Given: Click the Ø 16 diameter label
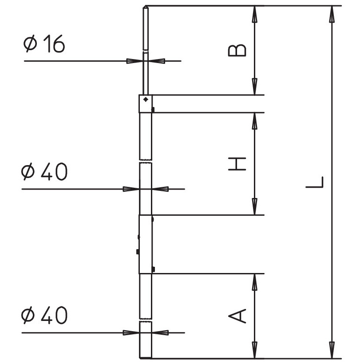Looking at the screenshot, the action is [x=44, y=44].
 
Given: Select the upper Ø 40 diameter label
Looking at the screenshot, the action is [x=44, y=171].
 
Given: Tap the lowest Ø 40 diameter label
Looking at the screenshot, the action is [x=44, y=315].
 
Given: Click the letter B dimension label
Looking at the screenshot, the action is [x=237, y=50].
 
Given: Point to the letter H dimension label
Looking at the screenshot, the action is [x=237, y=164].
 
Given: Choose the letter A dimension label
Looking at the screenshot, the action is [x=237, y=316].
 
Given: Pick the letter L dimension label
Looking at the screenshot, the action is [x=314, y=182].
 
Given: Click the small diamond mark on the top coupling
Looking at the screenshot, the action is [x=146, y=99].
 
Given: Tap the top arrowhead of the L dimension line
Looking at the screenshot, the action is [x=332, y=14].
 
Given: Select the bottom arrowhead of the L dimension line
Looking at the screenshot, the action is [x=332, y=350].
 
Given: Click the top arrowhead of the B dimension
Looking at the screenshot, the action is [x=255, y=14].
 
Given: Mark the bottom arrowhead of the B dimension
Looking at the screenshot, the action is [x=255, y=87].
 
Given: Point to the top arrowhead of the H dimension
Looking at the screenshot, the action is [x=255, y=121].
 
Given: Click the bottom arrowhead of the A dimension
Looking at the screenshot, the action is [x=255, y=350].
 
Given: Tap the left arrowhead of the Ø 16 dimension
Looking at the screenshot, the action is [x=135, y=61].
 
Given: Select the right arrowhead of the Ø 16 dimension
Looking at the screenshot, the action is [x=157, y=61].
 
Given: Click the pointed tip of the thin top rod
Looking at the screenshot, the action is [x=146, y=7].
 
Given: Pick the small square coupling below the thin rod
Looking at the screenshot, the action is [x=146, y=104].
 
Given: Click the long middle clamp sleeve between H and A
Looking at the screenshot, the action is [x=146, y=244].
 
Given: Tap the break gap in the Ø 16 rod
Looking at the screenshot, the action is [x=146, y=51].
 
